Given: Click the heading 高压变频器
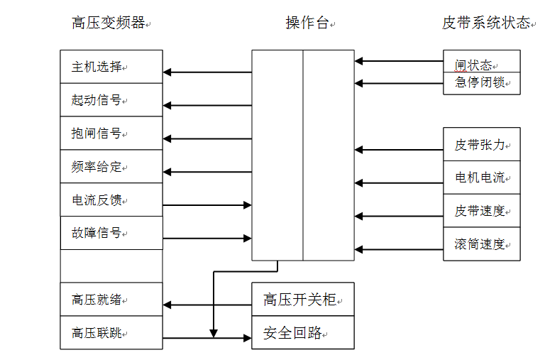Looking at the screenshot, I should coord(109,23).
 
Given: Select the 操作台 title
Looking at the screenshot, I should coord(307,23).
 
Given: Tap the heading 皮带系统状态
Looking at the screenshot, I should coord(486,23).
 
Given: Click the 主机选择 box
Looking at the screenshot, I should coord(111,67).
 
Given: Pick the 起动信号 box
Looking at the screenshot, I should coord(111,100).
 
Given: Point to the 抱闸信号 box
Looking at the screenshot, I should coord(111,133).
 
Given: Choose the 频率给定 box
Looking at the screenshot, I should coord(111,168).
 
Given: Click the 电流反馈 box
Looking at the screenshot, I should coord(111,201).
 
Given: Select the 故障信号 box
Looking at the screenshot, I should coord(111,233).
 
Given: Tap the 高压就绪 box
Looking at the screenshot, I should coord(111,299).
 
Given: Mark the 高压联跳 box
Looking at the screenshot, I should coord(111,332).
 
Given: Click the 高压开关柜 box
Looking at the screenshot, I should coord(302,299).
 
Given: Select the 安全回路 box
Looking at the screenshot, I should coord(302,332).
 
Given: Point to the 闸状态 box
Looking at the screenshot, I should coord(481,62).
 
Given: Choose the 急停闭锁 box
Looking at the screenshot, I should coord(481,82).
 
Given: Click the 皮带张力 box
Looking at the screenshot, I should coord(481,145).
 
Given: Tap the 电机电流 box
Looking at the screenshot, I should coord(481,178).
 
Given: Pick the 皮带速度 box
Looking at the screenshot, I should coord(481,211).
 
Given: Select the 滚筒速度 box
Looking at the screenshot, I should coord(481,244).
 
